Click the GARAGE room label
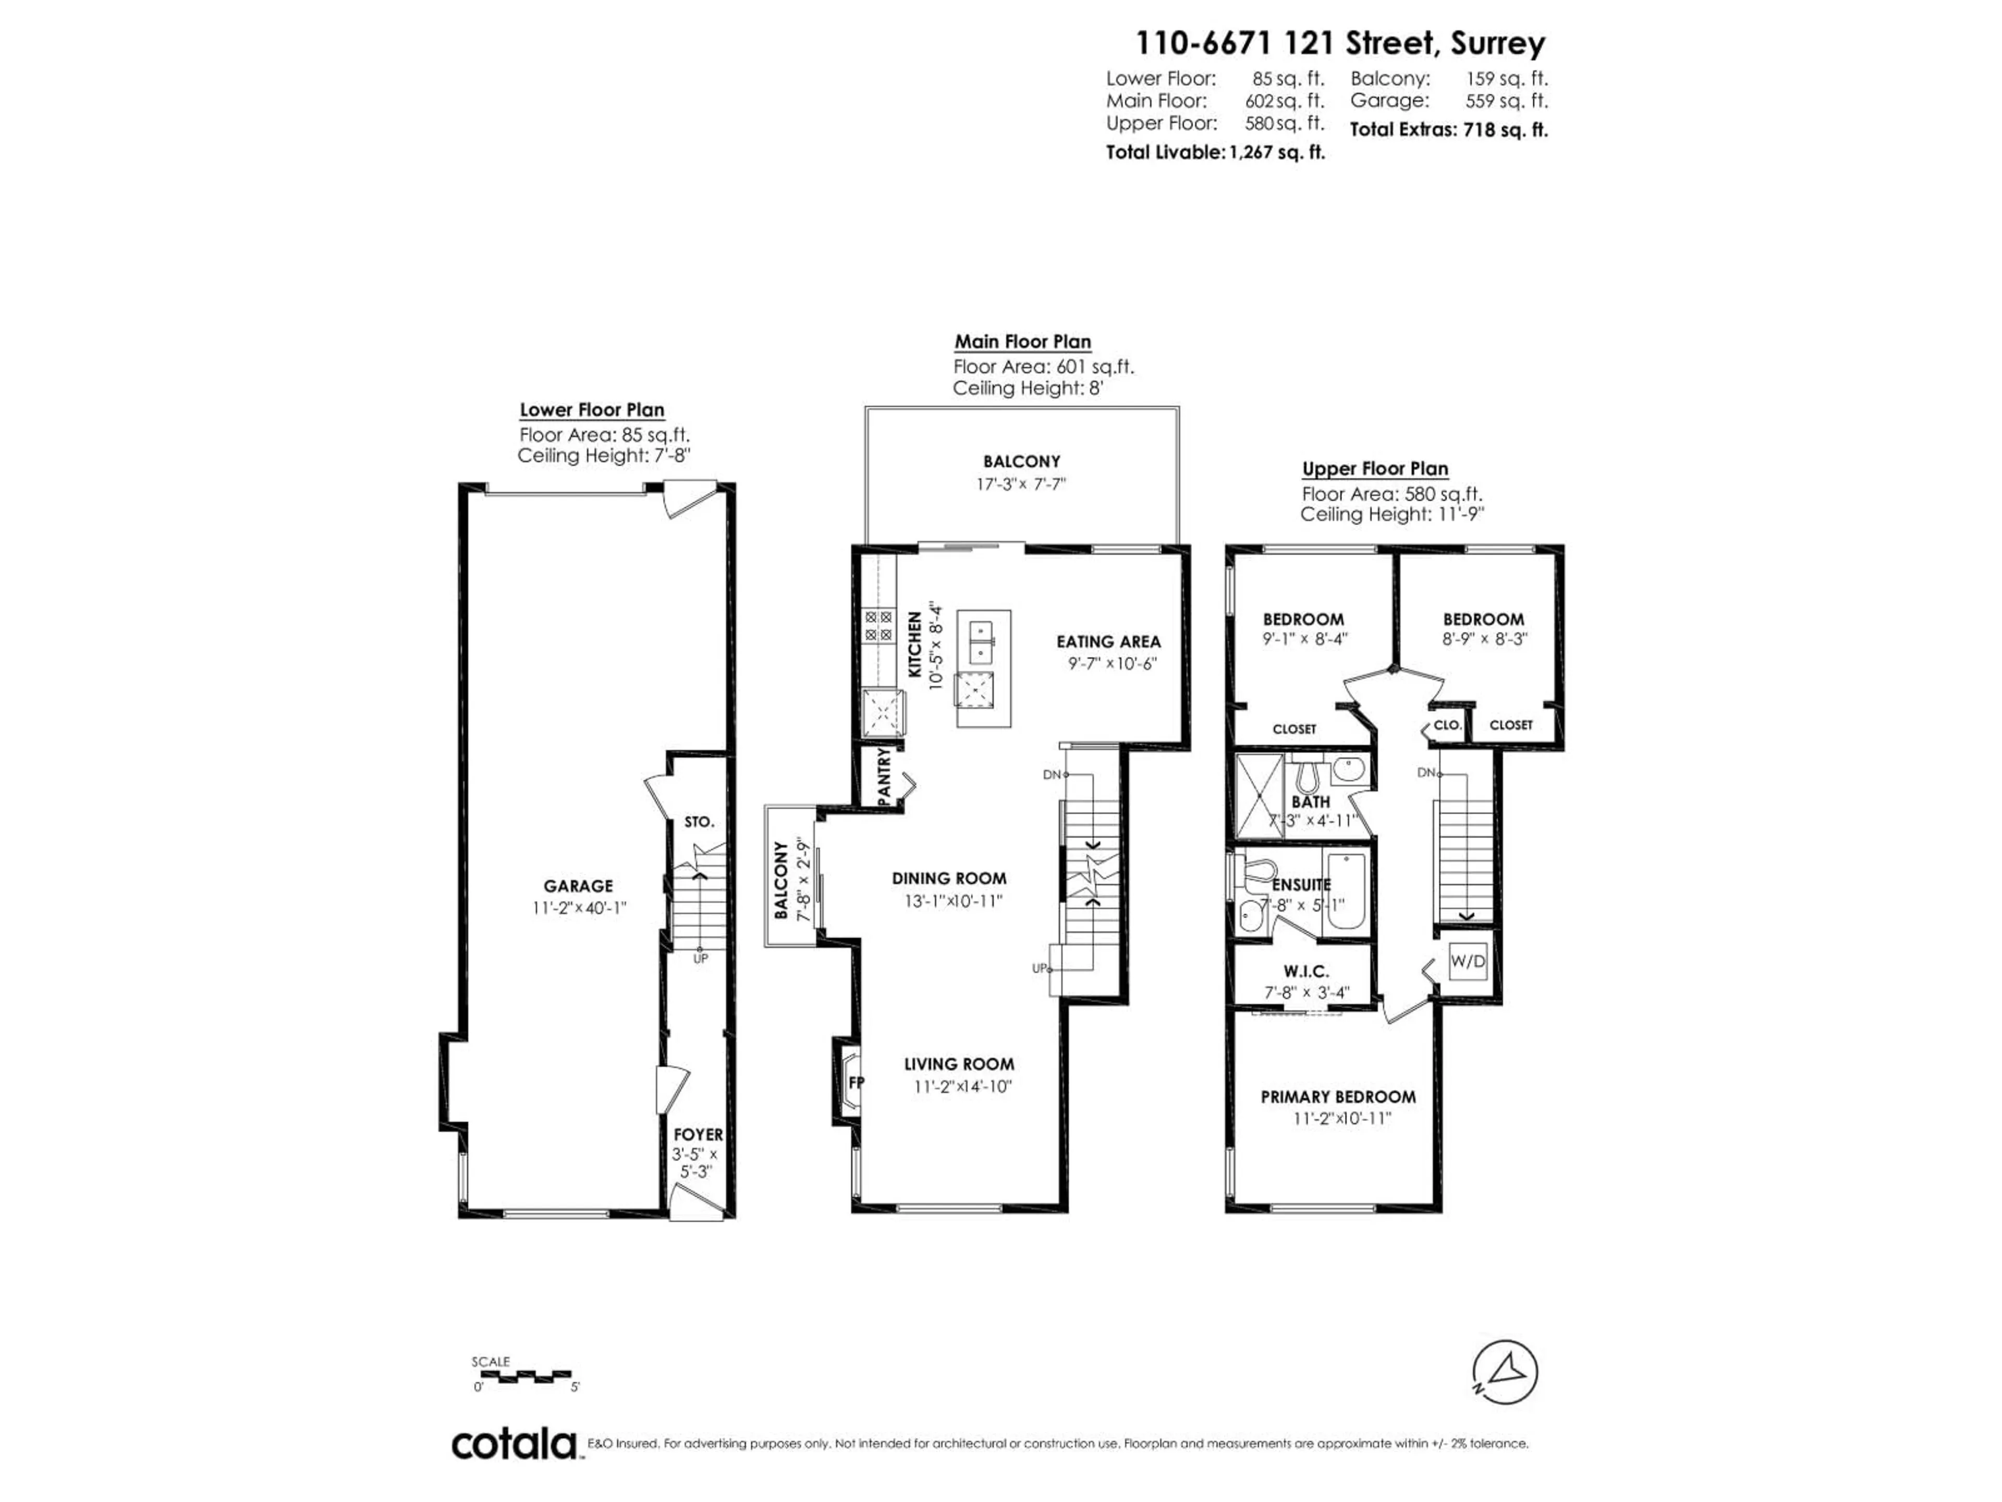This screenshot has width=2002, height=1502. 578,887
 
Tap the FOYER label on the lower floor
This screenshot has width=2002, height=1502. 697,1134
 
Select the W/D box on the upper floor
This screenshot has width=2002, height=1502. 1467,962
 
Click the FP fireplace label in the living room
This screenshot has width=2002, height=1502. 854,1083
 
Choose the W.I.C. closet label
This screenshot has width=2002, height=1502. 1306,972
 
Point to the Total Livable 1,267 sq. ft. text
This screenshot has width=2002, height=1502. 1215,152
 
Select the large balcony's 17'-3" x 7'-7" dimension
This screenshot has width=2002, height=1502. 1021,484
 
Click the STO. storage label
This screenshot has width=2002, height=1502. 699,822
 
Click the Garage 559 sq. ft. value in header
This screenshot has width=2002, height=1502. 1506,101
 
